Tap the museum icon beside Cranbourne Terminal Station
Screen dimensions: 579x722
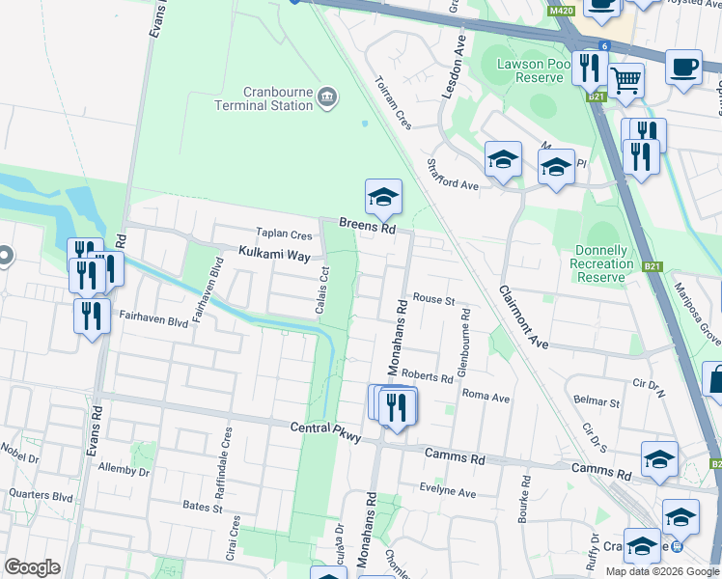327,96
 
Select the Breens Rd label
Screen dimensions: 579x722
368,228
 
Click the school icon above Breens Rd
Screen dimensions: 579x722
383,197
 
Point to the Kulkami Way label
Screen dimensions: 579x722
274,255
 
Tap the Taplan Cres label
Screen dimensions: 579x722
284,234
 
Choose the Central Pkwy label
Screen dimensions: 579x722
326,431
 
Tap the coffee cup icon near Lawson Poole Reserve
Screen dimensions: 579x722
683,67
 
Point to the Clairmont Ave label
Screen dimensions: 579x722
523,317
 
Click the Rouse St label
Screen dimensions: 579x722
433,300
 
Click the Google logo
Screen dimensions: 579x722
32,567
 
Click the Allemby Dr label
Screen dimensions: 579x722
125,470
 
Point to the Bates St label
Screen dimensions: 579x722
203,506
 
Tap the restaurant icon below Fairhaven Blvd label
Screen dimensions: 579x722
92,315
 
